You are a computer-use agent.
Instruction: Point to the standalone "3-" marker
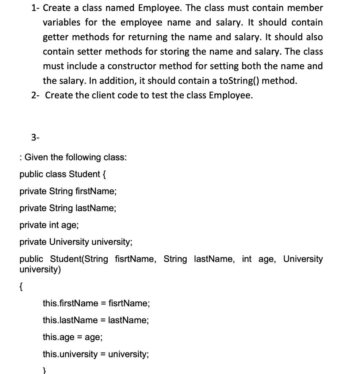pyautogui.click(x=35, y=137)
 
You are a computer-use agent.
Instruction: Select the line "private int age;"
pyautogui.click(x=49, y=225)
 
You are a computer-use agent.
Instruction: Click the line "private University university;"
pyautogui.click(x=76, y=242)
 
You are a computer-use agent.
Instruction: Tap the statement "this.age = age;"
pyautogui.click(x=72, y=337)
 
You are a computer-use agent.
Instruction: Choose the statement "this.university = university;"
pyautogui.click(x=96, y=354)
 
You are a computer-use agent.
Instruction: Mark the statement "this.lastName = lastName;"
pyautogui.click(x=96, y=320)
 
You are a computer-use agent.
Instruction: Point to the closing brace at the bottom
pyautogui.click(x=45, y=370)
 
